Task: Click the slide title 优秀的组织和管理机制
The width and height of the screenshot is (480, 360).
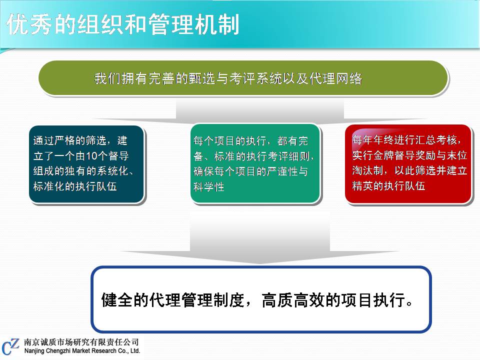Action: tap(122, 24)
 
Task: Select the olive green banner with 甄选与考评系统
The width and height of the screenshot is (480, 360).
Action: tap(243, 78)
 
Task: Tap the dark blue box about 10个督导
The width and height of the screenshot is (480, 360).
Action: tap(86, 164)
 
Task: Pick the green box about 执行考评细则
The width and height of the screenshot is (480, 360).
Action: tap(255, 163)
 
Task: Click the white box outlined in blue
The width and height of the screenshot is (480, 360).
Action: tap(261, 299)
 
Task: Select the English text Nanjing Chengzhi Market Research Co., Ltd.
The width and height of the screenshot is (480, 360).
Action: tap(82, 351)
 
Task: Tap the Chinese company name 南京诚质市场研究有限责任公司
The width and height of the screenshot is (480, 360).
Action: tap(81, 342)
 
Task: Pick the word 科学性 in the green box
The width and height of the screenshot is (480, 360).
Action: tap(209, 186)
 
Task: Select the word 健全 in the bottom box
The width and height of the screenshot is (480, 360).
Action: tap(117, 299)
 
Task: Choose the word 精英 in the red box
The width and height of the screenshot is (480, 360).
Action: tap(362, 186)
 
